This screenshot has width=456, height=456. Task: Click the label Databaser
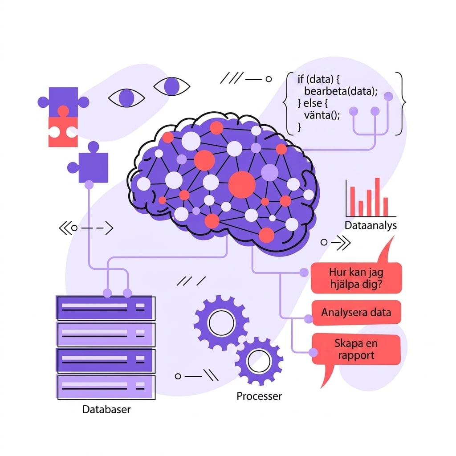[106, 409]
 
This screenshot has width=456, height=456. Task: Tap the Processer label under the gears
[259, 396]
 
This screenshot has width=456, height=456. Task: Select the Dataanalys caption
[370, 225]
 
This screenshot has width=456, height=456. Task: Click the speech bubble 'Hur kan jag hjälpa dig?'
[356, 278]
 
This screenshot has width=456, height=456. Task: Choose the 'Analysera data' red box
[356, 313]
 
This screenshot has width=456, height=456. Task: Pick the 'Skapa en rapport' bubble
[356, 349]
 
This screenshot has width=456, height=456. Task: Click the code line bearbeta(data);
[341, 91]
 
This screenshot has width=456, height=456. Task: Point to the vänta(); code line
[322, 115]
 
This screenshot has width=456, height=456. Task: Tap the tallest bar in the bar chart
[377, 197]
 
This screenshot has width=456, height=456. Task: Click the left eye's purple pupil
[126, 98]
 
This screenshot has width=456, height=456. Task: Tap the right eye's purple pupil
[171, 86]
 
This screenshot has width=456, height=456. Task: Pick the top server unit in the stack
[106, 308]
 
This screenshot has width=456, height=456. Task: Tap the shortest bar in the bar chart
[361, 208]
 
